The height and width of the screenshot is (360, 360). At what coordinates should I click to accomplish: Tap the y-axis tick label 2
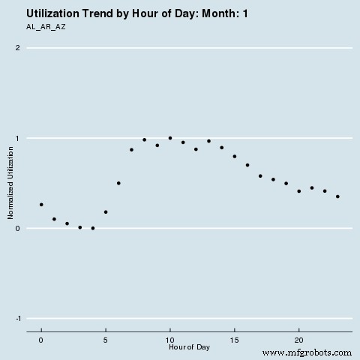(18, 48)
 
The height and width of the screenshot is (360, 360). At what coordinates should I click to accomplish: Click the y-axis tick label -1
(16, 318)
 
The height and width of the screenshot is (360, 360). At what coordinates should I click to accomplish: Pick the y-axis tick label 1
(18, 138)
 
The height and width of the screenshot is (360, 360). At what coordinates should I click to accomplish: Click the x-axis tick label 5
(106, 340)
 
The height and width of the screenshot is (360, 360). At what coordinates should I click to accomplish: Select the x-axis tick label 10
(170, 340)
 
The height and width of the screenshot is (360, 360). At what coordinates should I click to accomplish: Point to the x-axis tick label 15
(235, 340)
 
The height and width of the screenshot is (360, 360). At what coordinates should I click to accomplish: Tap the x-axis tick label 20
(299, 340)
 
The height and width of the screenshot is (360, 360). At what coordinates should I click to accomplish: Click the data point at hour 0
(41, 204)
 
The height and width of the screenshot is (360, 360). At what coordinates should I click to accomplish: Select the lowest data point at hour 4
(93, 228)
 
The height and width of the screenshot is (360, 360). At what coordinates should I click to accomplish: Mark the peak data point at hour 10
(170, 138)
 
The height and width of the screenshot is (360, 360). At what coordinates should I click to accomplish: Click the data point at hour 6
(118, 183)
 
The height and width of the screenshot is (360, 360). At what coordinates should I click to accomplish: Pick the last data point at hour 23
(338, 196)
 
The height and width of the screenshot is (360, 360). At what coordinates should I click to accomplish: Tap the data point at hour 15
(235, 156)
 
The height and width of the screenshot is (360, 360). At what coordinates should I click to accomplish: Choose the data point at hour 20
(299, 191)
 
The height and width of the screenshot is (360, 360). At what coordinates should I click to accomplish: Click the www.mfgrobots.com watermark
(307, 352)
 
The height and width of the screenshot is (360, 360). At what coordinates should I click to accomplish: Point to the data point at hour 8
(144, 139)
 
